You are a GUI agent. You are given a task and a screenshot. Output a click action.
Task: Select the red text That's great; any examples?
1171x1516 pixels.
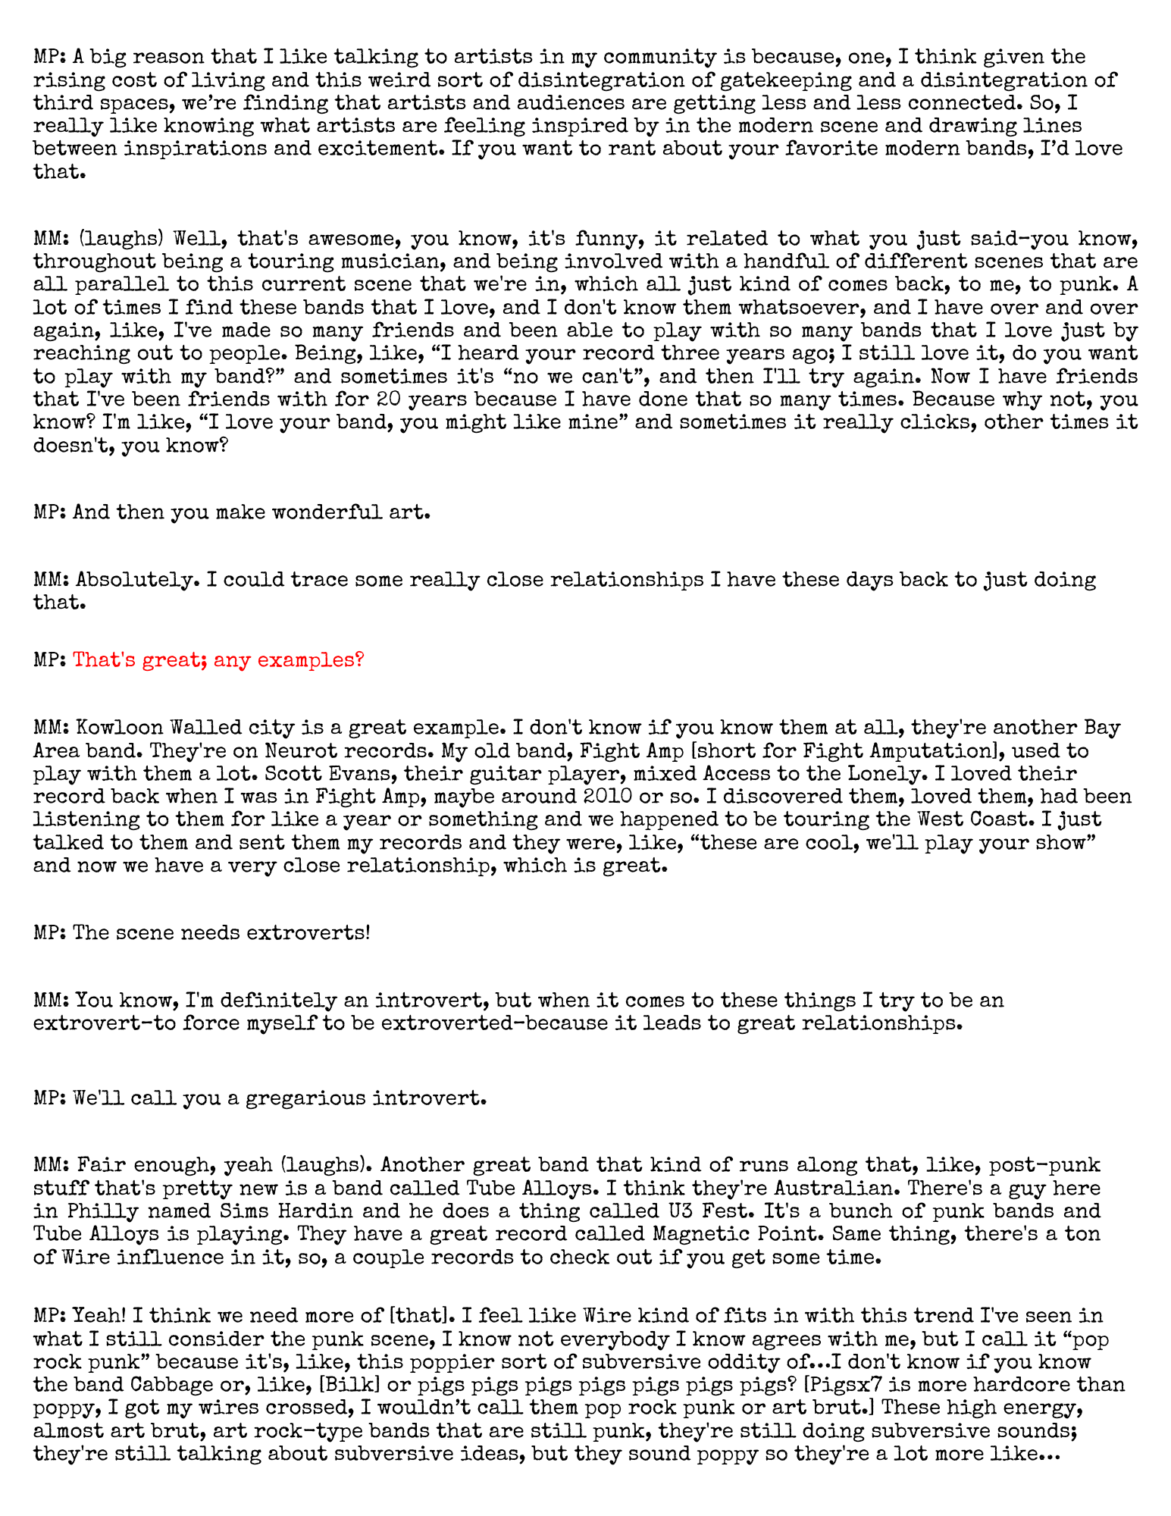(218, 659)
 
